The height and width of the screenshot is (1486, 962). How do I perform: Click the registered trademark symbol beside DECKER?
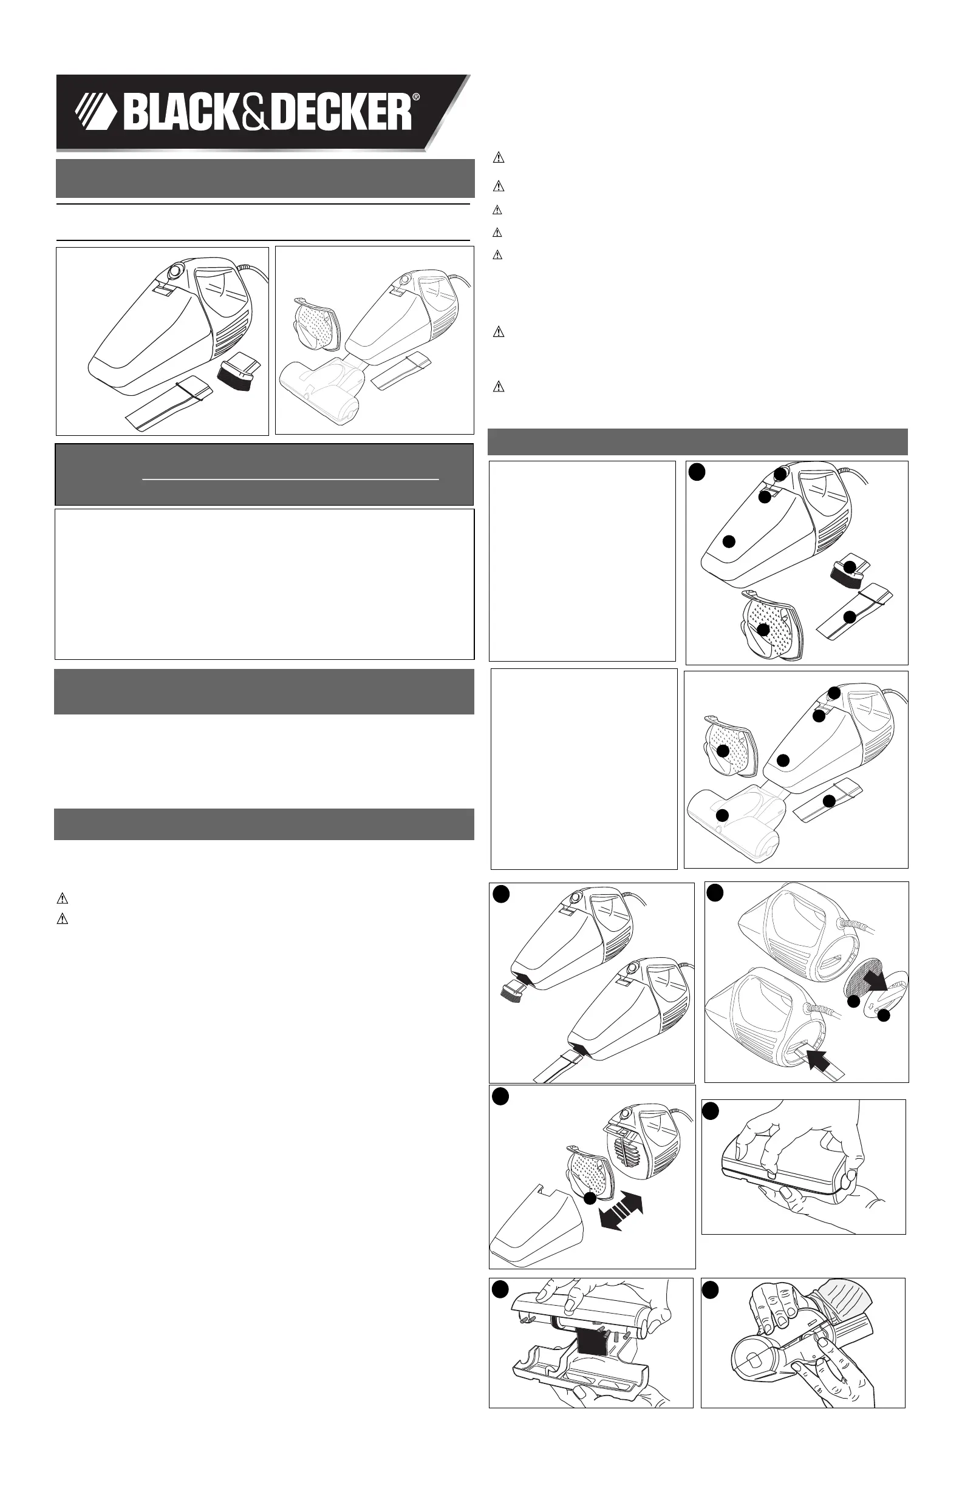[416, 97]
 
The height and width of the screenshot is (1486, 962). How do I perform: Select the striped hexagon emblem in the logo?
[95, 111]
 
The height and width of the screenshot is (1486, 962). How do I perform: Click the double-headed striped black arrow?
[620, 1210]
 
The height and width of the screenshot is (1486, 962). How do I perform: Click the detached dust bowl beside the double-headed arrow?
[538, 1225]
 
